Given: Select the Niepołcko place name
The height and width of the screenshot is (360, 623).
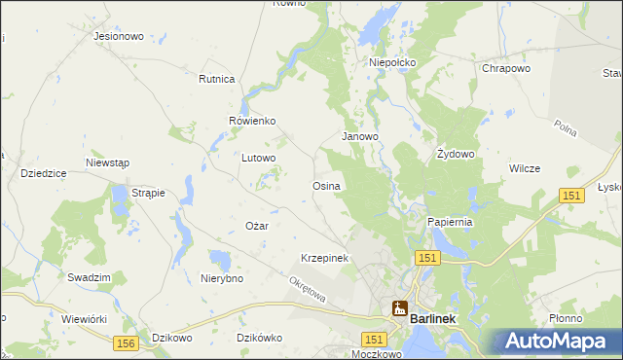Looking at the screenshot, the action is [x=392, y=62].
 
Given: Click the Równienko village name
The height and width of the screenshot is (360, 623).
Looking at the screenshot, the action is [x=253, y=121].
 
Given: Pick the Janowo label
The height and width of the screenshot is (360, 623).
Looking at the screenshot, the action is [x=359, y=137].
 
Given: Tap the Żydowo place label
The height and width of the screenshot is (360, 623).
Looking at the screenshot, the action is [x=456, y=155].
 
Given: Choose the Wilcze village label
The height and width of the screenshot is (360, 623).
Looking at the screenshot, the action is [x=525, y=168].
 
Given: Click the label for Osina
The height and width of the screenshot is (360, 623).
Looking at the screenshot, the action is [x=325, y=186].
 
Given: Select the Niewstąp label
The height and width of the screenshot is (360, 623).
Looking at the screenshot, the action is [x=107, y=162].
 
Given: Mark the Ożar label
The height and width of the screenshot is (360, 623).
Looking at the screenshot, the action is [x=256, y=226].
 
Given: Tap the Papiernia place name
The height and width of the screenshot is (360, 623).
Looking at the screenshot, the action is [x=450, y=222].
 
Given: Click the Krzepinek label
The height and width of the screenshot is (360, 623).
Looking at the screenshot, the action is [x=324, y=258].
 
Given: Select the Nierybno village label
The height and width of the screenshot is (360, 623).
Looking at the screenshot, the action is [x=221, y=278].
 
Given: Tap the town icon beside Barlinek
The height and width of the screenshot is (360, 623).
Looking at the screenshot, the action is [x=399, y=309].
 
